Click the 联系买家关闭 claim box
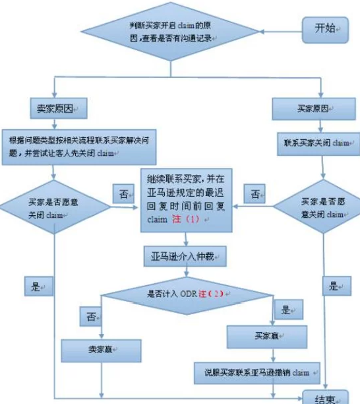pyautogui.click(x=317, y=142)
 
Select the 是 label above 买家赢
pyautogui.click(x=287, y=310)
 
